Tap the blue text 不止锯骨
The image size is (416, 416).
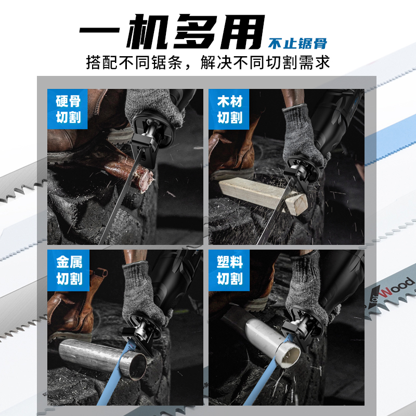click(x=298, y=43)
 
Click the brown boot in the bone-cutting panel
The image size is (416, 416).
click(x=73, y=140)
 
